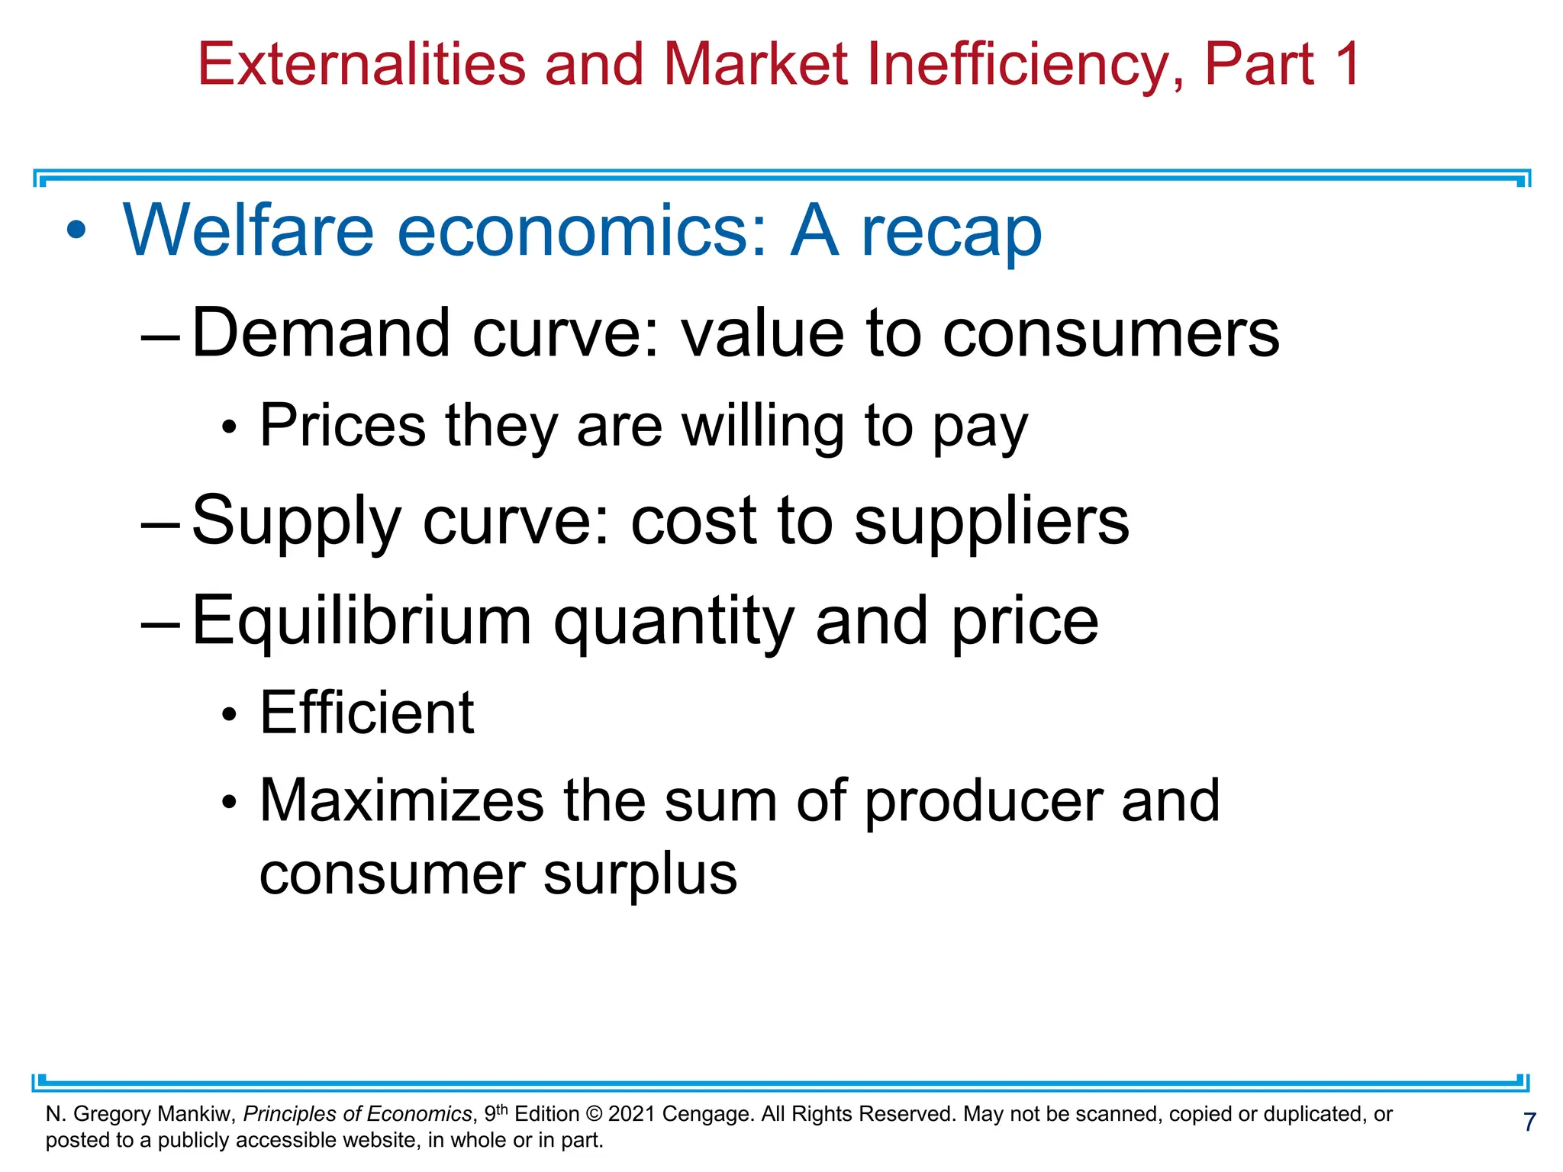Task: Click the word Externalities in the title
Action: pos(362,64)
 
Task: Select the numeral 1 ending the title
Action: pos(1347,64)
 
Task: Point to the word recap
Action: pos(951,232)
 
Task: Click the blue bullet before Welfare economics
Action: pos(76,230)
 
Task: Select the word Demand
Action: pos(321,333)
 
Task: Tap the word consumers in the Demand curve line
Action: pos(1110,333)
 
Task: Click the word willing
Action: pos(763,426)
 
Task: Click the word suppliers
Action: pos(991,522)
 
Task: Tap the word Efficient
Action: pos(367,713)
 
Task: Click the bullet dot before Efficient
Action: pos(229,716)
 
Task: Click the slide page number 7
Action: pos(1529,1122)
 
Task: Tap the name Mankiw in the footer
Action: pos(195,1115)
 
